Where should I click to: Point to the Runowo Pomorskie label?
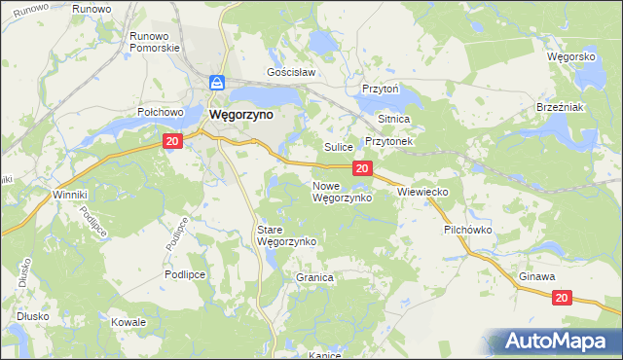[x=150, y=42]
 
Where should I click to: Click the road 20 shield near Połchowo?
[x=172, y=142]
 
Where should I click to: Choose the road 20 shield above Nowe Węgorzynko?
[x=361, y=169]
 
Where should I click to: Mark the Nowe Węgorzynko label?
[x=342, y=192]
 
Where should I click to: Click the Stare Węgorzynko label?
[x=283, y=236]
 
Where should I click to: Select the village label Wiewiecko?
[x=421, y=193]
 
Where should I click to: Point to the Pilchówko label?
[x=469, y=231]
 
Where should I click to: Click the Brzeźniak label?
[x=560, y=107]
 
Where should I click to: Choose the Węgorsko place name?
[x=570, y=56]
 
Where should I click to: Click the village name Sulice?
[x=338, y=147]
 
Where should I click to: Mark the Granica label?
[x=314, y=277]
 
